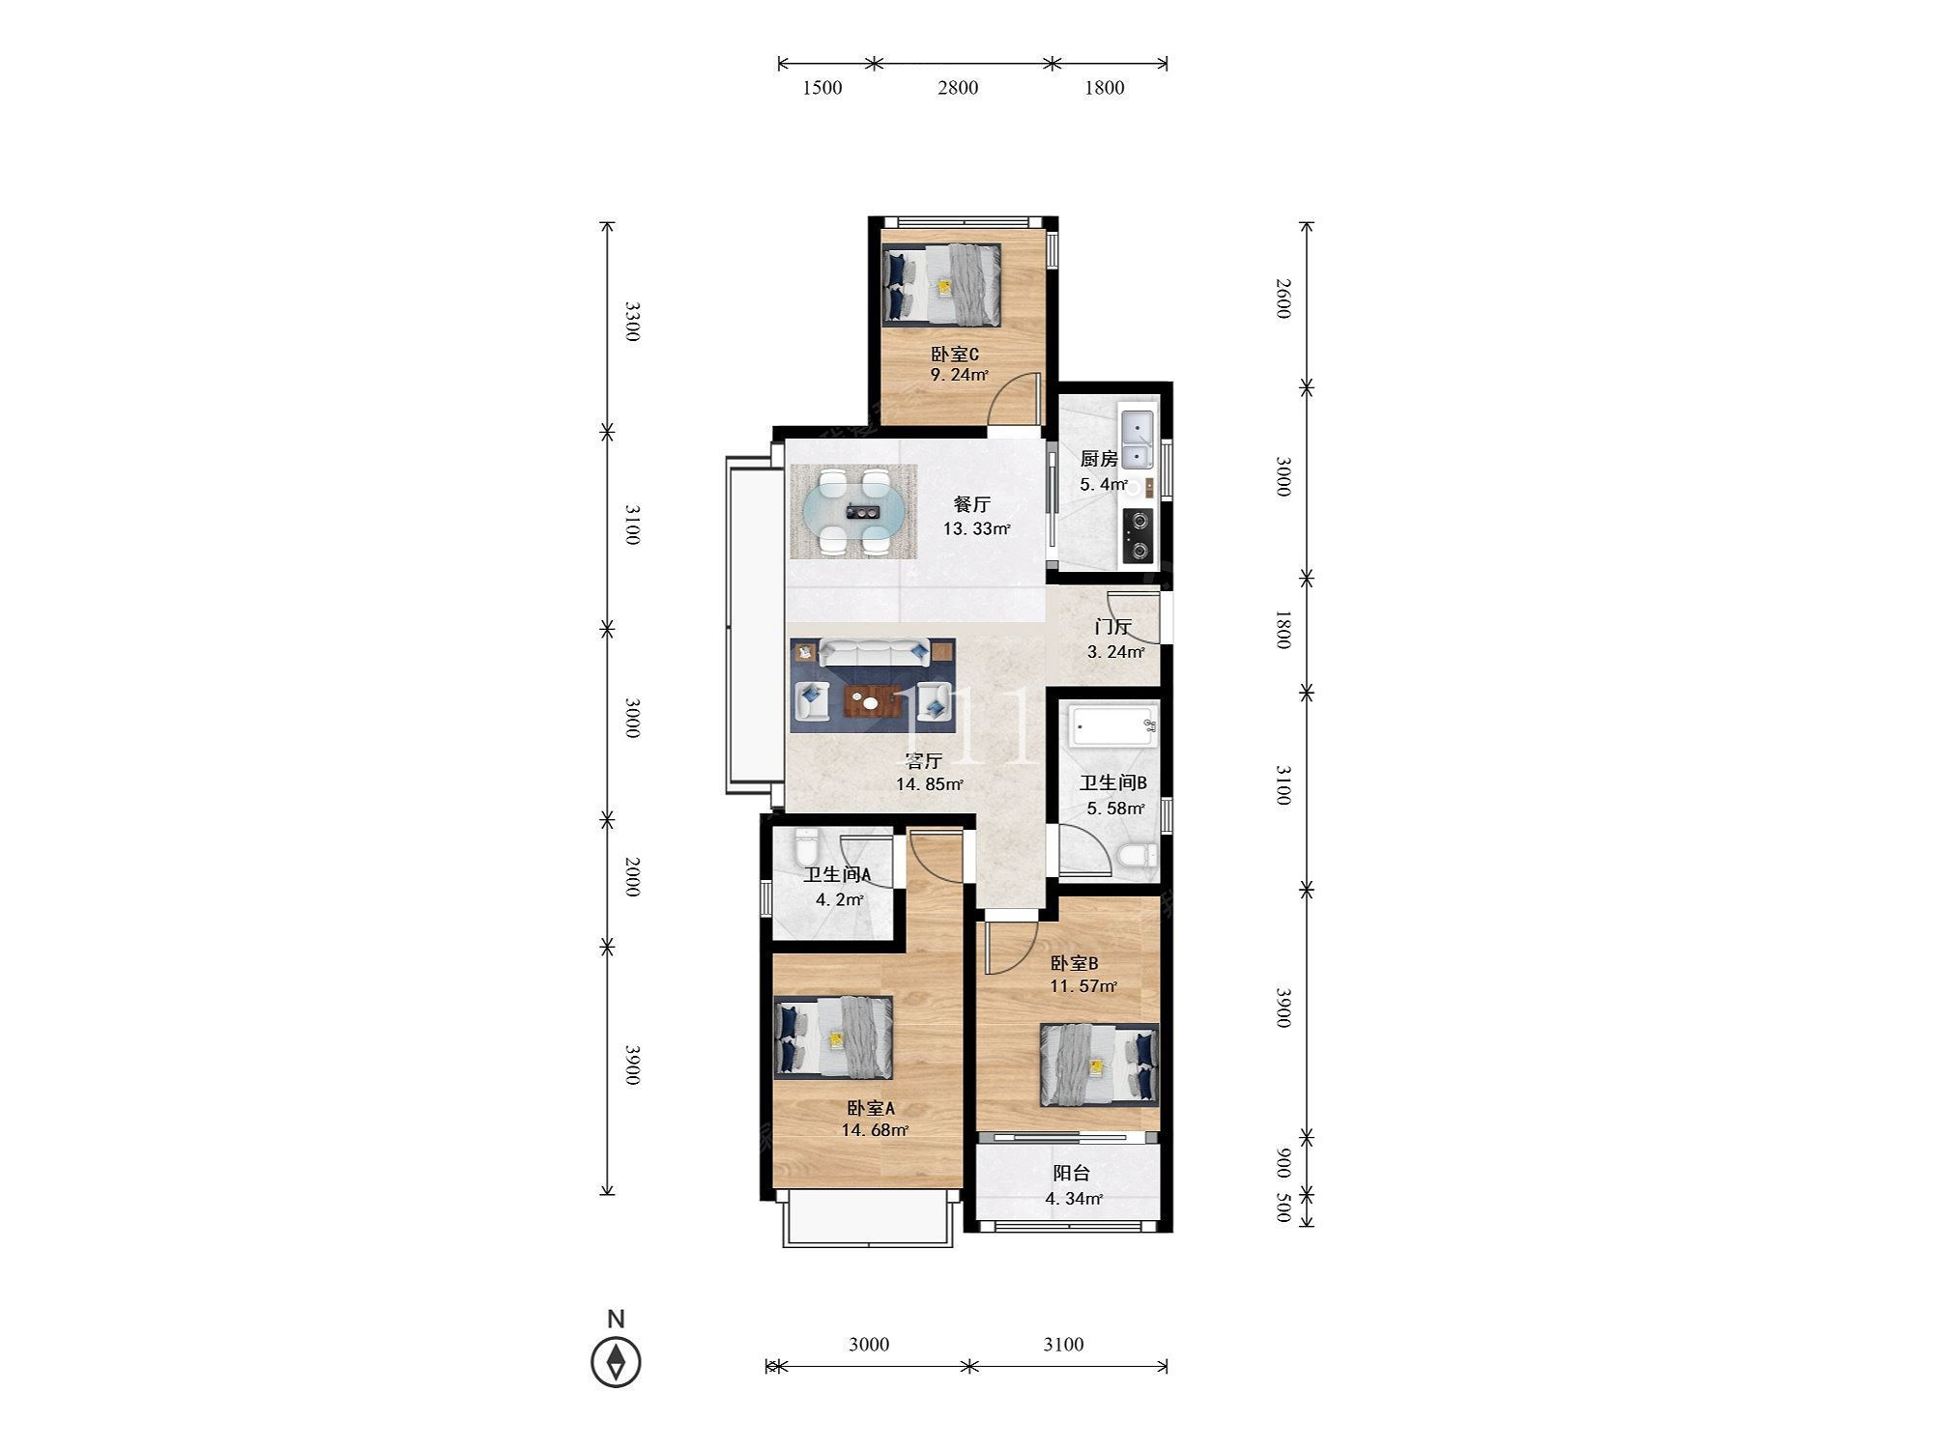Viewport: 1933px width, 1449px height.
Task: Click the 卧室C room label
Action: coord(955,355)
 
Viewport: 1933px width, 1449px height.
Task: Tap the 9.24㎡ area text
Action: coord(959,376)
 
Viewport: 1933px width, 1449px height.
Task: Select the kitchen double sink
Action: coord(1137,440)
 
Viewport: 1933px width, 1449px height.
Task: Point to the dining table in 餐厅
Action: coord(853,512)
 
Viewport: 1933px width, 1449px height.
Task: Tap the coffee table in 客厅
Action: coord(873,701)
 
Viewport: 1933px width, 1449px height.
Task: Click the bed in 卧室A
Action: coord(833,1038)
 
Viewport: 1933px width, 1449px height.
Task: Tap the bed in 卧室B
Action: coord(1099,1065)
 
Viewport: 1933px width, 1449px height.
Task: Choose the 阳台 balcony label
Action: coord(1071,1174)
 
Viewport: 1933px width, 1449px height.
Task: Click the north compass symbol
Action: coord(616,1362)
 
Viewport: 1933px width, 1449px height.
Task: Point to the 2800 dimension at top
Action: coord(957,88)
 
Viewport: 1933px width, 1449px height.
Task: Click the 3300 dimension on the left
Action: coord(631,322)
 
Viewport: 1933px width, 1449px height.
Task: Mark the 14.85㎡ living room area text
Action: coord(929,784)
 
